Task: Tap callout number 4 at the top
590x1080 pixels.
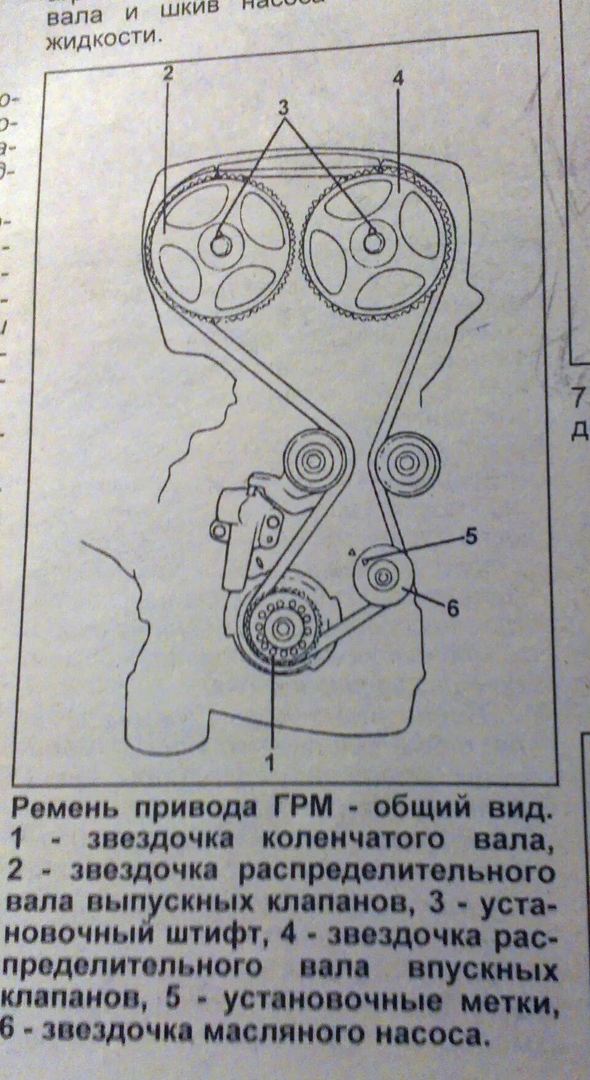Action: [398, 79]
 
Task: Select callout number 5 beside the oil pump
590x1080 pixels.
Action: [471, 537]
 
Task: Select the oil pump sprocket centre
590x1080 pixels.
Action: [382, 576]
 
